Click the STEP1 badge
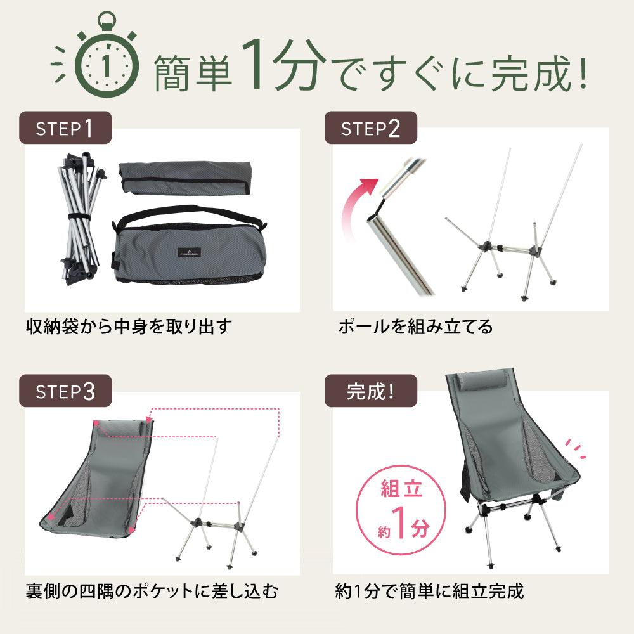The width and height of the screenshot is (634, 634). click(65, 128)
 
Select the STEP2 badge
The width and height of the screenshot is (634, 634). click(370, 128)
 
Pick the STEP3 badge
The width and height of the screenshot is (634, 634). click(65, 391)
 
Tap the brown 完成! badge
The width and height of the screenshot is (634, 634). click(370, 391)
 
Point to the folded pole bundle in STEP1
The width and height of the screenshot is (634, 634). click(82, 218)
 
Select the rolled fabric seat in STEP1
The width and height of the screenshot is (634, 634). click(185, 178)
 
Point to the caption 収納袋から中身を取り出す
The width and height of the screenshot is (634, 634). click(129, 327)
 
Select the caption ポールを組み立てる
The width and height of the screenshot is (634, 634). click(416, 327)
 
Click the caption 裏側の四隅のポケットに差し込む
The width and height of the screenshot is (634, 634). click(152, 591)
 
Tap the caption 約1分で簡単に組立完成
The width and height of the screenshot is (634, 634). click(429, 591)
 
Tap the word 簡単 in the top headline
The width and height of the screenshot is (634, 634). click(193, 73)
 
